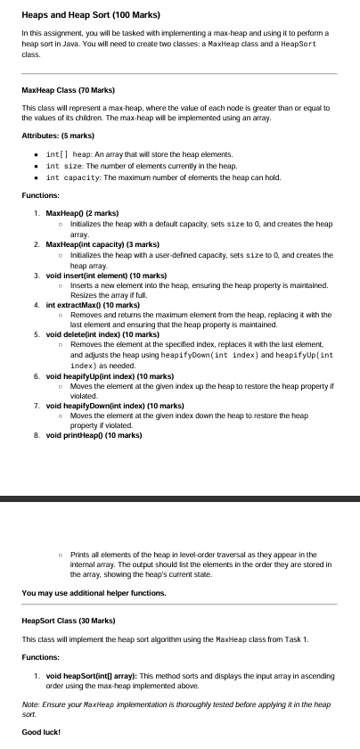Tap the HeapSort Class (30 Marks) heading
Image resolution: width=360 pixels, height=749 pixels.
(70, 620)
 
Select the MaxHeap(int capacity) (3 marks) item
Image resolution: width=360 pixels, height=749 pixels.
(102, 243)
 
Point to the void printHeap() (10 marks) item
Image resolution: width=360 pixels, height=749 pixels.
(93, 435)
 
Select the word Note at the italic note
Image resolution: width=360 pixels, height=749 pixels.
(29, 704)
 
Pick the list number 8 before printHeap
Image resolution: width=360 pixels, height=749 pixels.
(35, 435)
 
